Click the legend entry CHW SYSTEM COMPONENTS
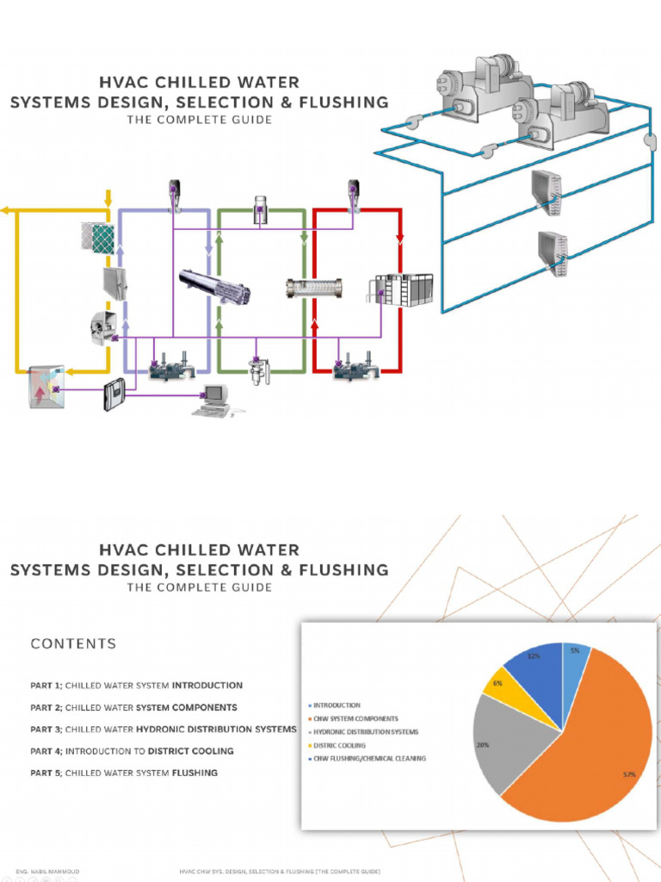click(355, 718)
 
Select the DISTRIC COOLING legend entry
click(339, 745)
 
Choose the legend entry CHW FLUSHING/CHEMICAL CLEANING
click(369, 758)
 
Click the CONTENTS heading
click(73, 643)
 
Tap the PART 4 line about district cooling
click(132, 750)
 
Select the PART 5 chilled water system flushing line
click(124, 773)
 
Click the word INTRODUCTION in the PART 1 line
click(207, 686)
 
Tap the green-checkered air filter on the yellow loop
click(98, 237)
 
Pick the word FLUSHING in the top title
click(345, 102)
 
